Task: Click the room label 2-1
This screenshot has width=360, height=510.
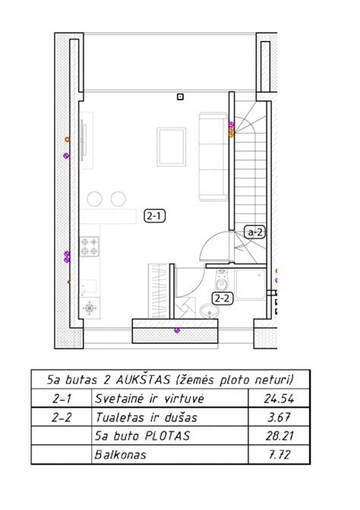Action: pos(155,216)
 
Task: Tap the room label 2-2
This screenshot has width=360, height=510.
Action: pos(223,298)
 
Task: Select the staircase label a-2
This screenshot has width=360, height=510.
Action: pos(254,232)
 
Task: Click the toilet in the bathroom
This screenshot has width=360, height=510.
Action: pos(222,280)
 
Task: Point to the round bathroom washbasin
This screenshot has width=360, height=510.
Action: pos(210,311)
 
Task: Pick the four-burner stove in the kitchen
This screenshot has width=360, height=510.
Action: pos(90,247)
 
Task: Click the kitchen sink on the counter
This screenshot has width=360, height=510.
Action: pos(89,287)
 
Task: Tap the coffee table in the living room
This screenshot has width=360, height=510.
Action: pos(172,147)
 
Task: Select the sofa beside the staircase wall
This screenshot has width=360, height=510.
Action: pos(213,157)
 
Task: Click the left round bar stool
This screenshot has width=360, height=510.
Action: pos(94,199)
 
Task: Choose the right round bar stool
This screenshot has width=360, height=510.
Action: pos(118,199)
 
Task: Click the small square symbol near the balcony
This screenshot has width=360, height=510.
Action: pos(180,96)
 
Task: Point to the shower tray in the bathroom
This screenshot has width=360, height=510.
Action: pos(251,284)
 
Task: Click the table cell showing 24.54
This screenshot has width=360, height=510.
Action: pos(279,398)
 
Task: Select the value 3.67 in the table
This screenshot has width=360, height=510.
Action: pos(279,417)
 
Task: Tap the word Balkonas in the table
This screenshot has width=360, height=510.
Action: pos(120,455)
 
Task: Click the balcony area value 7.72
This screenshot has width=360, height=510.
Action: pos(279,455)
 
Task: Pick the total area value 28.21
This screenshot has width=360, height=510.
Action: pos(279,436)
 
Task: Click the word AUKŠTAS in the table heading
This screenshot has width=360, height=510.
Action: pos(143,379)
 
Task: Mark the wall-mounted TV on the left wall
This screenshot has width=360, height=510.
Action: pos(84,140)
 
